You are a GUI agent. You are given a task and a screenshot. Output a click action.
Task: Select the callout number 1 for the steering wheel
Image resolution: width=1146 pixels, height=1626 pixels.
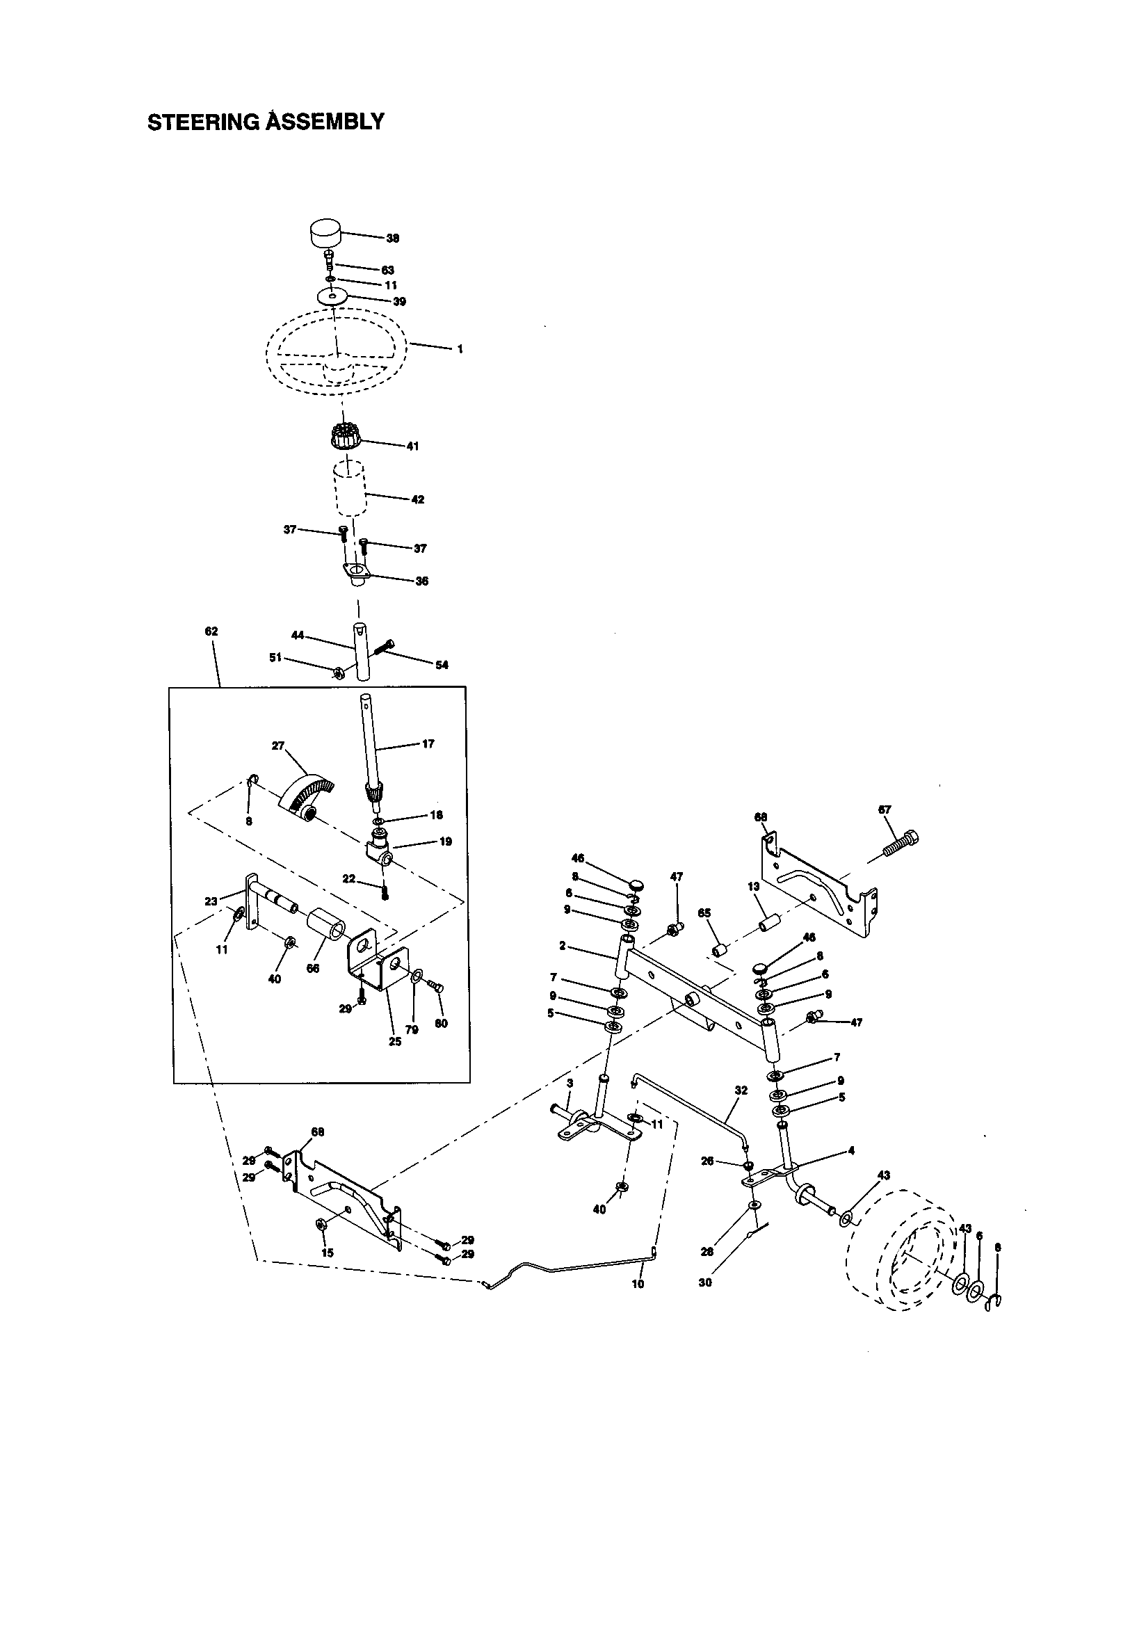point(460,349)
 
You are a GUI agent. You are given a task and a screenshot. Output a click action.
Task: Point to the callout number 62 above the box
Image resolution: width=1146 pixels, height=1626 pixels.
point(211,631)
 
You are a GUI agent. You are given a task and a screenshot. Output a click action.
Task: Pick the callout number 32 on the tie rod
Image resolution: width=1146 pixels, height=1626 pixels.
point(741,1090)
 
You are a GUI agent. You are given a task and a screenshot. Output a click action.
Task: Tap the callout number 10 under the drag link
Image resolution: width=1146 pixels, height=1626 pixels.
point(638,1284)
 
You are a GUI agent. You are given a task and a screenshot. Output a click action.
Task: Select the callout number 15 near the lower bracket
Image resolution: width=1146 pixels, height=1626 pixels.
point(327,1253)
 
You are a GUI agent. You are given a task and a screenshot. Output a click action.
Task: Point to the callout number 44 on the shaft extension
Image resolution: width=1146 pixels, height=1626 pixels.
point(298,635)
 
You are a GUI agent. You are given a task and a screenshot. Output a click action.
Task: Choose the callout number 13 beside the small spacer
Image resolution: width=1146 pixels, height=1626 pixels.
point(753,887)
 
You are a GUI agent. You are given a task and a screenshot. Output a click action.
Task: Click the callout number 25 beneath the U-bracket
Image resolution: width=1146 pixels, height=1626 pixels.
point(395,1042)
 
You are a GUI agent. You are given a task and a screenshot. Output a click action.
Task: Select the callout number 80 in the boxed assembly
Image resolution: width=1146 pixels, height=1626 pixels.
point(442,1023)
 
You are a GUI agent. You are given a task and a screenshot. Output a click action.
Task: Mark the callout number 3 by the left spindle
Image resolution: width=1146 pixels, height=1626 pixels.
point(570,1083)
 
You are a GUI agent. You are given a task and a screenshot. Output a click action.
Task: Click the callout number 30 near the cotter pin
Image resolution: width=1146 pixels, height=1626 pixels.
point(704,1282)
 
